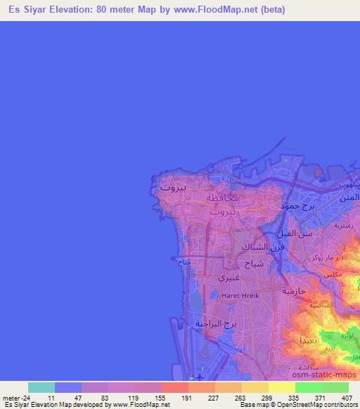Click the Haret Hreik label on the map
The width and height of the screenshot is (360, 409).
pyautogui.click(x=240, y=296)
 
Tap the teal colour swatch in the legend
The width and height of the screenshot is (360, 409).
pyautogui.click(x=41, y=387)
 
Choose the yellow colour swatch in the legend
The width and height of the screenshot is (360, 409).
pyautogui.click(x=281, y=387)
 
